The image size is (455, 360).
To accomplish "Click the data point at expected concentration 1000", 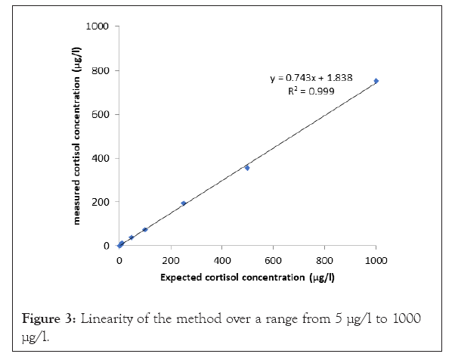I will (376, 81).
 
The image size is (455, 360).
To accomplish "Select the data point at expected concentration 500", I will (247, 167).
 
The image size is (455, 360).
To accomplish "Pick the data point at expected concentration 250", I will (184, 203).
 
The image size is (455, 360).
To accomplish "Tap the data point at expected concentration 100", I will (145, 229).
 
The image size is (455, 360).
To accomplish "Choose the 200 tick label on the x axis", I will (170, 260).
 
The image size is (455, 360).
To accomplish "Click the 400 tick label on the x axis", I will (221, 260).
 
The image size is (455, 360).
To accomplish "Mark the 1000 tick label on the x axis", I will (376, 260).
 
